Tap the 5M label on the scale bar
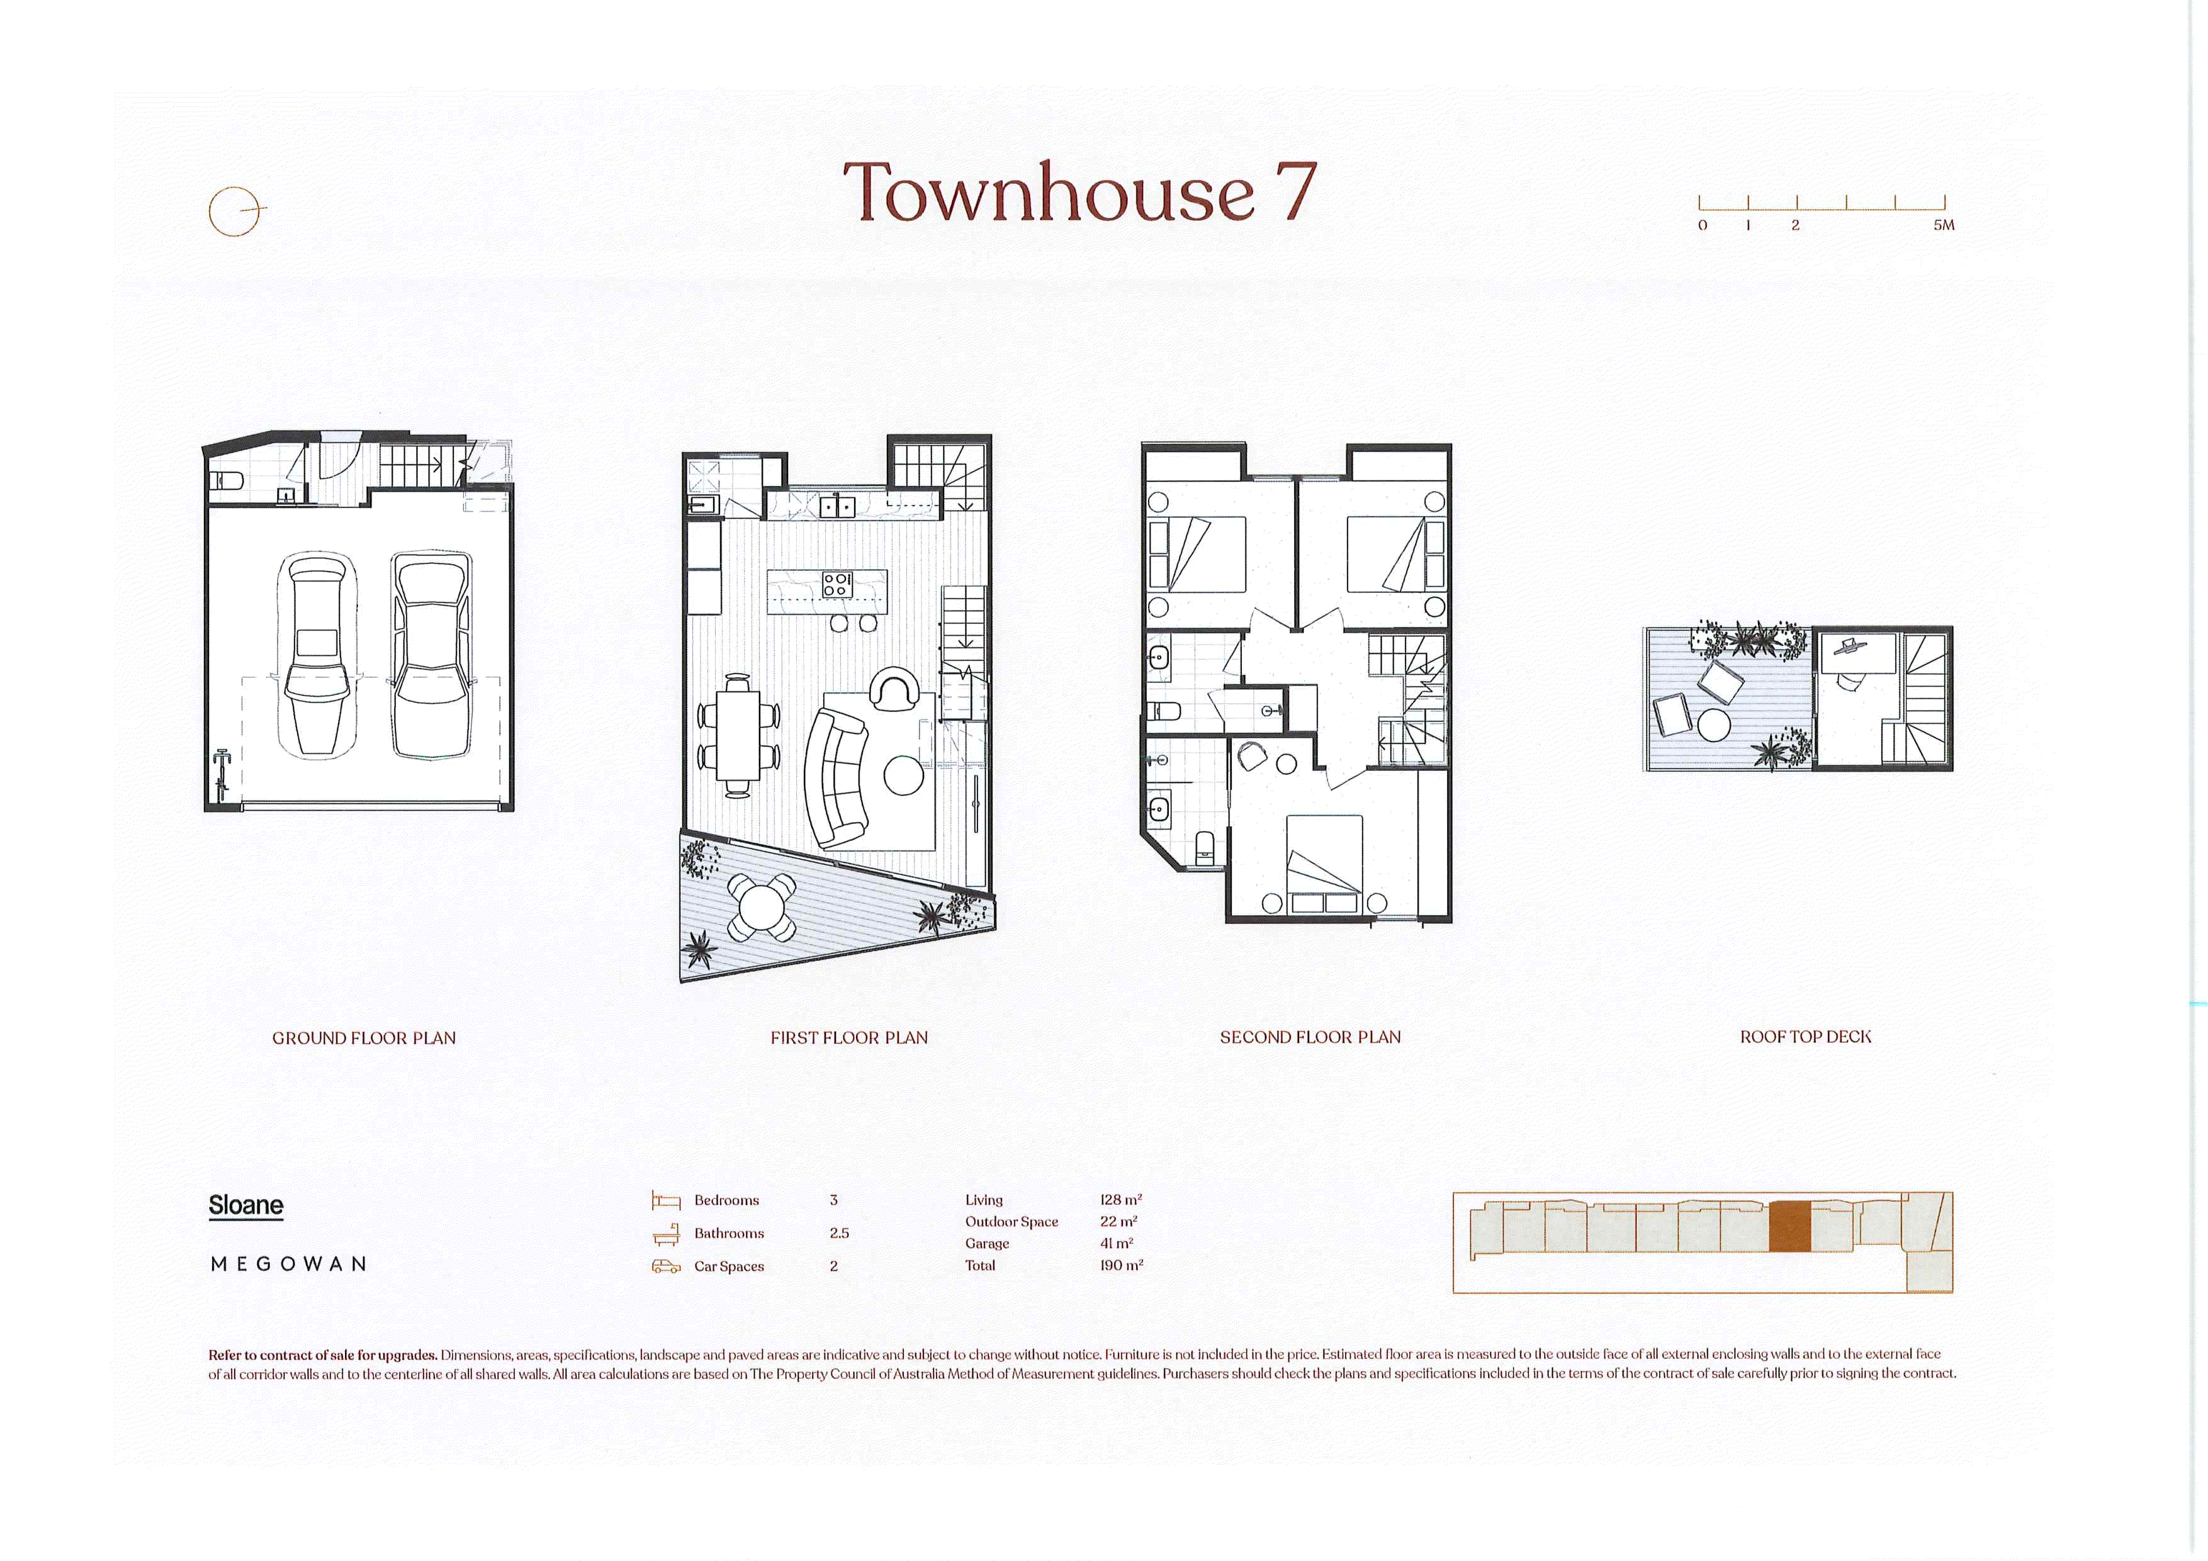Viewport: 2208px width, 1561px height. [1944, 225]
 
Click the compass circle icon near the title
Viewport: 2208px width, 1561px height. [235, 210]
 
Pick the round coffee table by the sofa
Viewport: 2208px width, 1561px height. [904, 775]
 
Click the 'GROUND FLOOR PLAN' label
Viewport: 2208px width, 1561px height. [364, 1038]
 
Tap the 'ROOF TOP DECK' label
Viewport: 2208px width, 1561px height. [1805, 1037]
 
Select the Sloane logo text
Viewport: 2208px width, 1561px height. [246, 1205]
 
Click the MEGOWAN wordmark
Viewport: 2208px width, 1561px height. [288, 1264]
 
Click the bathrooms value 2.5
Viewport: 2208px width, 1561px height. [838, 1233]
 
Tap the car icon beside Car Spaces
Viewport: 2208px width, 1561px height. [665, 1266]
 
